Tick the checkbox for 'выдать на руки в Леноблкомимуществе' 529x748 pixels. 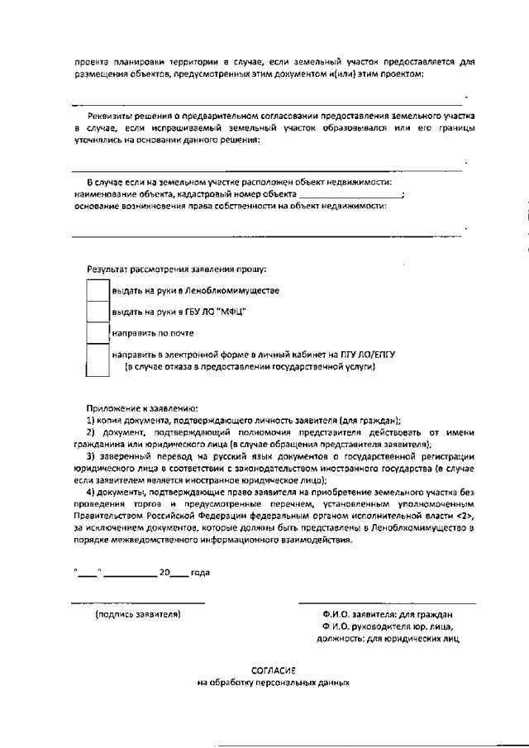[98, 290]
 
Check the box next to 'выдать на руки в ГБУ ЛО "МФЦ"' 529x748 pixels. [98, 312]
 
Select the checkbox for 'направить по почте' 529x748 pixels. [98, 333]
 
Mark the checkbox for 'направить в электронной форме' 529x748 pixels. [98, 360]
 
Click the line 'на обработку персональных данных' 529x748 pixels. [274, 684]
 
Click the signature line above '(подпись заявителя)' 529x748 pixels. [137, 603]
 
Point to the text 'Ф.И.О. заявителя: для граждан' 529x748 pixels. [388, 615]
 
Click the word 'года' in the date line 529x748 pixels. [200, 572]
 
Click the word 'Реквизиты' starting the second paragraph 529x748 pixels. [109, 117]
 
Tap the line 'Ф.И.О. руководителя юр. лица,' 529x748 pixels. [388, 627]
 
